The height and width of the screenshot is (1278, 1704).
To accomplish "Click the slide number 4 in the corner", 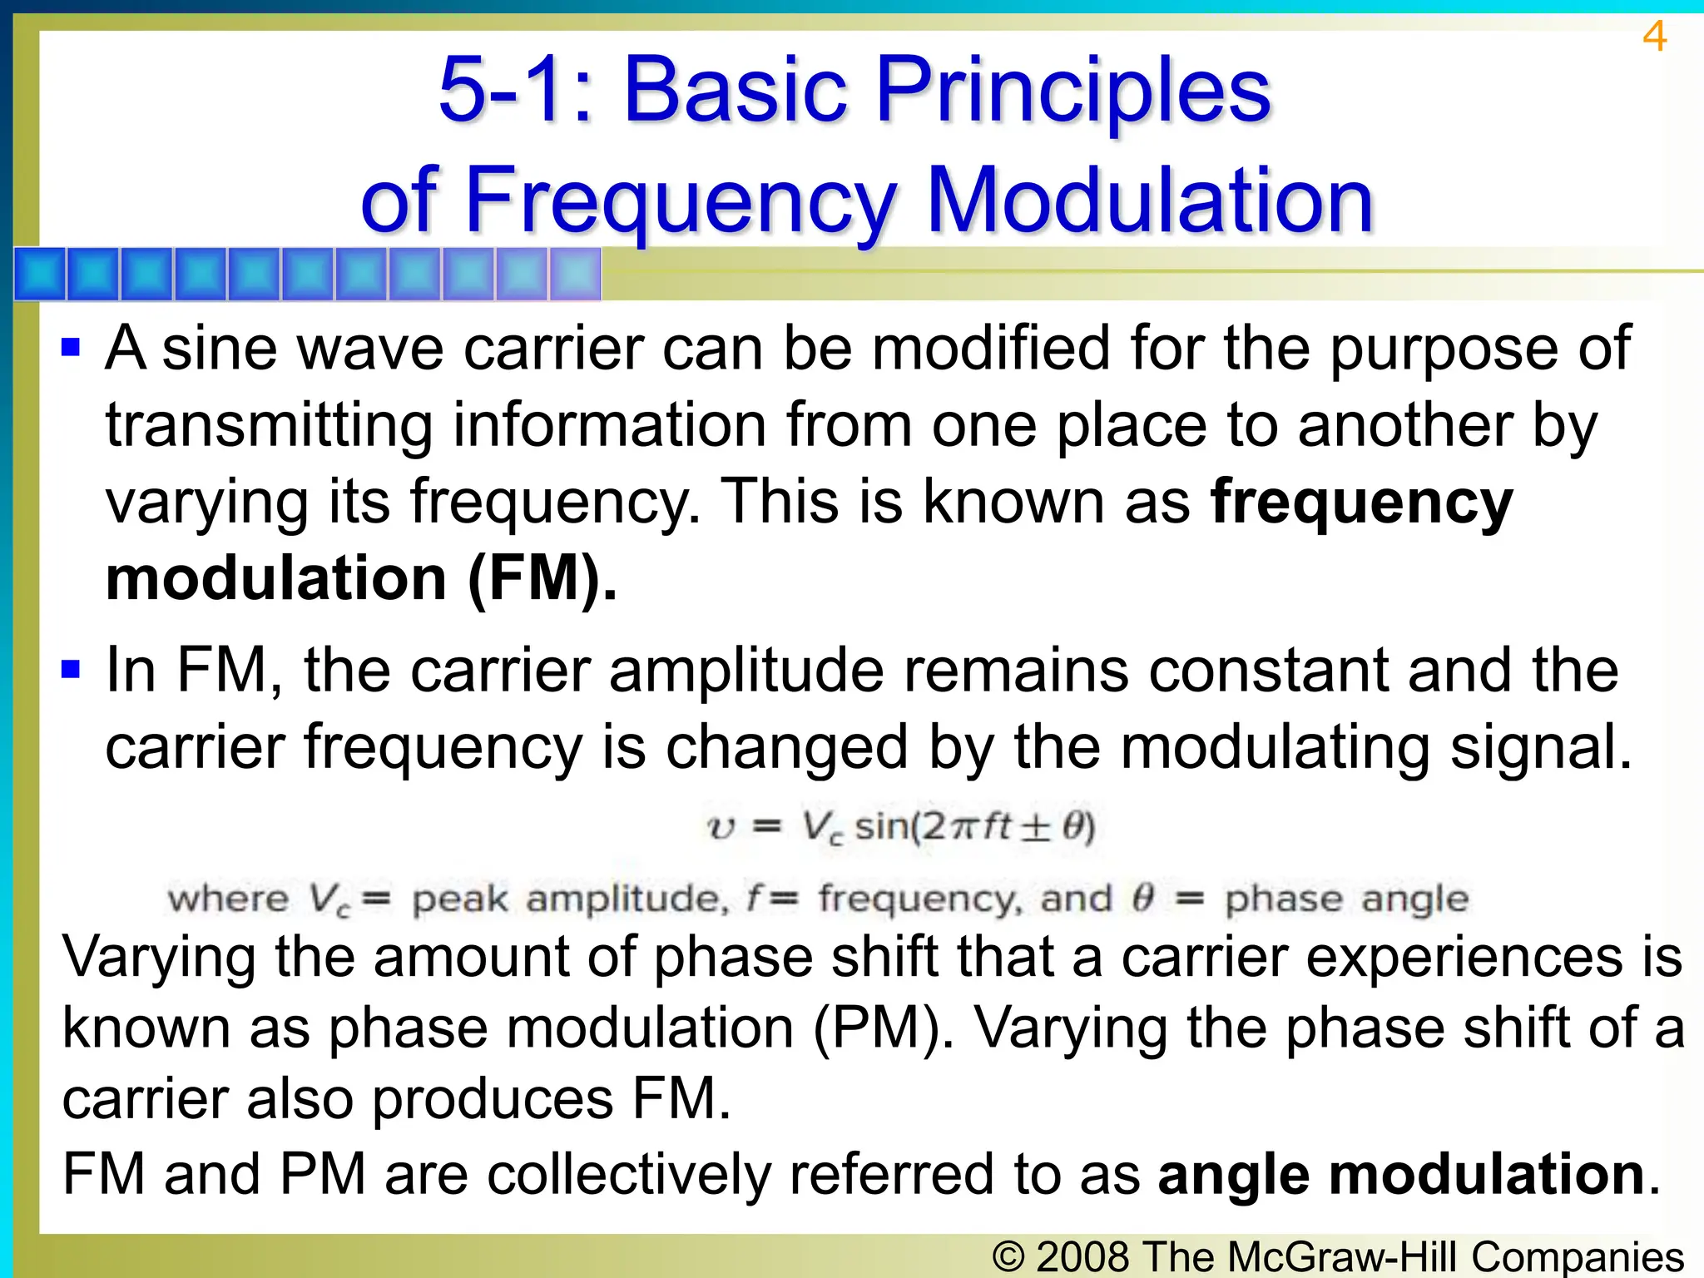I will pos(1654,37).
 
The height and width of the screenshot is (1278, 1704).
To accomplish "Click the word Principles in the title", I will pos(1073,89).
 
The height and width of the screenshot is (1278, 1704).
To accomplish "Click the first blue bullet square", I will pos(71,346).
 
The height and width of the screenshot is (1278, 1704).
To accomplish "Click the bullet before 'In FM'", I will pos(71,669).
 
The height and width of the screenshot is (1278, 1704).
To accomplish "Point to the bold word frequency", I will pos(1361,503).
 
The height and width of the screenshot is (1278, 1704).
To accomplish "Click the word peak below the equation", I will pos(459,899).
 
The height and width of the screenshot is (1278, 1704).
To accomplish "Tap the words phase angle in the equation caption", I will pos(1346,899).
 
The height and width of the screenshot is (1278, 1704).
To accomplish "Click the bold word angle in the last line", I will pos(1233,1175).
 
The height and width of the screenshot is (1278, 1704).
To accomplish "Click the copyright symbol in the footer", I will pos(1008,1256).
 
